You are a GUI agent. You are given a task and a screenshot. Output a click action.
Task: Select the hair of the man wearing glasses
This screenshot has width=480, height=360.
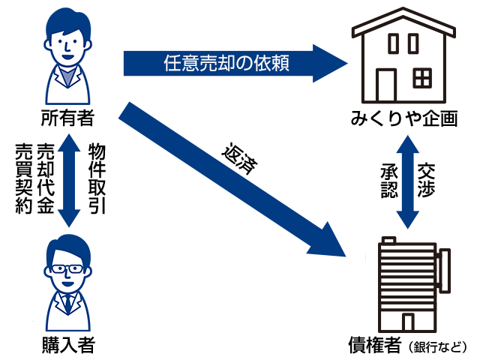(x=67, y=246)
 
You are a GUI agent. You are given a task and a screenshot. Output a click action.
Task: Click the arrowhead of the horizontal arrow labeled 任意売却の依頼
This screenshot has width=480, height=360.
(x=330, y=63)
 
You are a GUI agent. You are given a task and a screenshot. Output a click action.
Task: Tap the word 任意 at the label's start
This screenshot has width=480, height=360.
(x=182, y=64)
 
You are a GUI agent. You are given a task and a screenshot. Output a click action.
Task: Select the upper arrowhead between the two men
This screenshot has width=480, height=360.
(x=68, y=142)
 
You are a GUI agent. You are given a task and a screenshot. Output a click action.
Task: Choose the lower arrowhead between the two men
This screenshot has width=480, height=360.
(x=68, y=217)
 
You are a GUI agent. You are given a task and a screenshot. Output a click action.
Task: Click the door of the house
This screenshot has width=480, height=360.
(x=385, y=85)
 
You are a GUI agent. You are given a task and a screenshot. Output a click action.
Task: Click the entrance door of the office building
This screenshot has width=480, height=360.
(x=407, y=322)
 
